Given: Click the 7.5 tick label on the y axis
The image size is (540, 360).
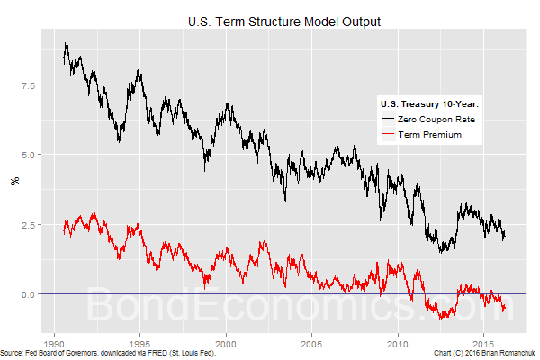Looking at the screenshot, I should pos(33,86).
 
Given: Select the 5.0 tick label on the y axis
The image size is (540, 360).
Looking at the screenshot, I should pos(33,156).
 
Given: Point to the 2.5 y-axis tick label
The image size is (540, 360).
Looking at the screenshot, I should pos(33,225).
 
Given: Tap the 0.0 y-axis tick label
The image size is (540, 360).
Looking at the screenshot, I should pos(33,294).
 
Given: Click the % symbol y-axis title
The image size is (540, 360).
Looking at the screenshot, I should pos(13,181).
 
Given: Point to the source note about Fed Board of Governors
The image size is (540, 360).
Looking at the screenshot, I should pos(109,354).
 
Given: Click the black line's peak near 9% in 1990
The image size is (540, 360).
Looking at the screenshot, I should pos(66,43).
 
